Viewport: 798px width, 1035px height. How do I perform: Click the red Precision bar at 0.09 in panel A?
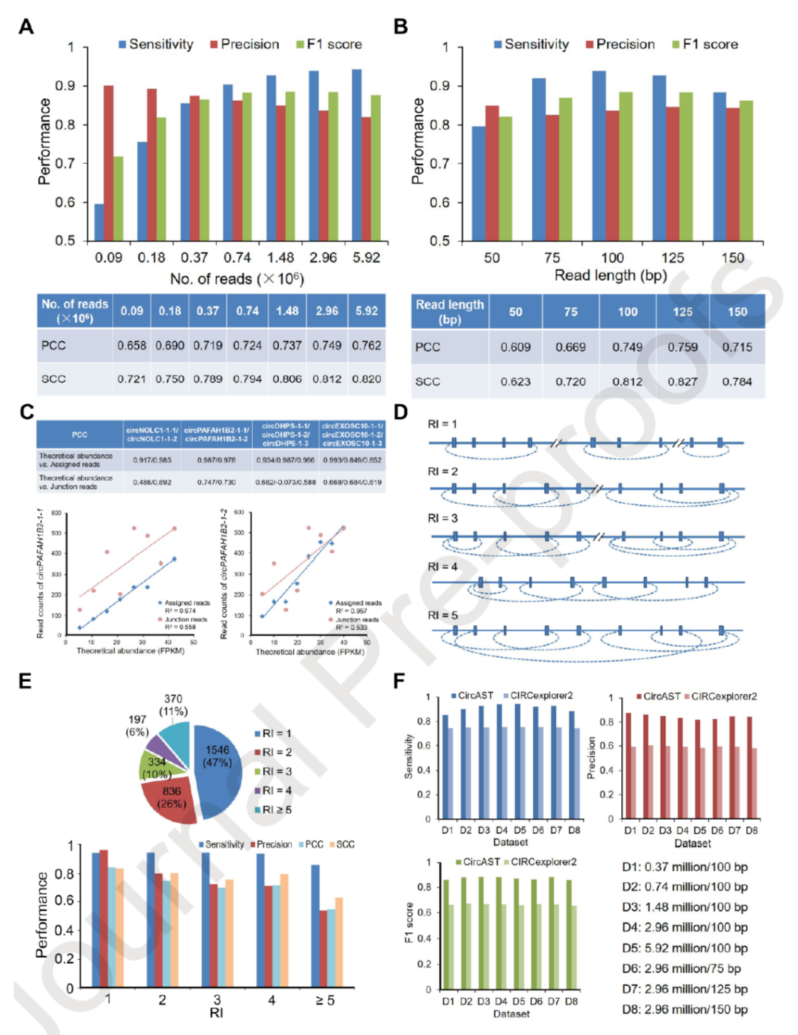click(108, 163)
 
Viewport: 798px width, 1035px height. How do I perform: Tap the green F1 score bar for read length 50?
click(505, 179)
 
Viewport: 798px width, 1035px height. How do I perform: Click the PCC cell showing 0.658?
click(132, 346)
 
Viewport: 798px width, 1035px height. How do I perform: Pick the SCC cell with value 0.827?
click(682, 382)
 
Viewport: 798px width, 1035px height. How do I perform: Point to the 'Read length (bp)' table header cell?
click(449, 312)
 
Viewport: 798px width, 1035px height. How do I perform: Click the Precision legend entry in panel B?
click(620, 45)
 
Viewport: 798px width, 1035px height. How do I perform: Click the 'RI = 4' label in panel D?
click(443, 567)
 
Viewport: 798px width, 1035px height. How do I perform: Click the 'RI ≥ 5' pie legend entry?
click(273, 810)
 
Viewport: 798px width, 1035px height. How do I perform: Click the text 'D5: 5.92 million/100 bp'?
click(685, 948)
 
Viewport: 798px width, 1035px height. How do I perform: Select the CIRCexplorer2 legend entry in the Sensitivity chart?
click(538, 696)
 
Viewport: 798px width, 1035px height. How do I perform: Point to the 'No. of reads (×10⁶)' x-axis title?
click(237, 279)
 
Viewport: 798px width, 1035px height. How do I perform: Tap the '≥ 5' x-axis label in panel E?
click(325, 1000)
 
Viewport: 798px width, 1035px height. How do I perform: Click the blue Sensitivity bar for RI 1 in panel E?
click(96, 920)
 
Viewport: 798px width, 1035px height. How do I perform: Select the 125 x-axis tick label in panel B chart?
click(672, 258)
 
